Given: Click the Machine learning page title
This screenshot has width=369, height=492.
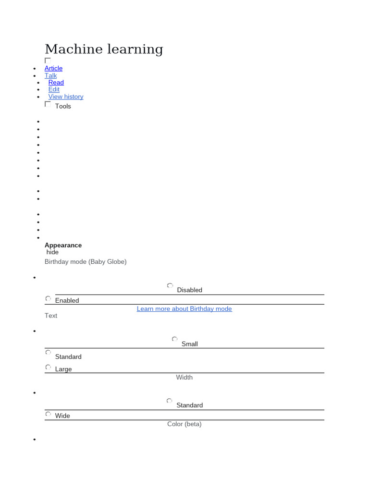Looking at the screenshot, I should pos(104,49).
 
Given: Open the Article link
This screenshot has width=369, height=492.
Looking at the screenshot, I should pos(53,68).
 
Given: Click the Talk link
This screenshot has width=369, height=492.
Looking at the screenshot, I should pos(50,75).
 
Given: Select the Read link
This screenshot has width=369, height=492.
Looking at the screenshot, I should pos(56,83).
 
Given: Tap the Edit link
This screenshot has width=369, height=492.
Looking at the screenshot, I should pos(54,89).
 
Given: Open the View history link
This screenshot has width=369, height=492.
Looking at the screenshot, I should pos(65,97).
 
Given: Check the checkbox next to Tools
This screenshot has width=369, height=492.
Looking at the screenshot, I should pos(48,104).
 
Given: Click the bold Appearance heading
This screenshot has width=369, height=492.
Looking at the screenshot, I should pos(63,245).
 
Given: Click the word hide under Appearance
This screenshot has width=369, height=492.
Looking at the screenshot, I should pos(52,252).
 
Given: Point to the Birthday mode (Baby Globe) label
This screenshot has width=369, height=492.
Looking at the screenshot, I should pos(86,262).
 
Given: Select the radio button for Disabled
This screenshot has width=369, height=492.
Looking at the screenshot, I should pos(170,286).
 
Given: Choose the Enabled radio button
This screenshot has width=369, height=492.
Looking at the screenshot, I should pos(48,298).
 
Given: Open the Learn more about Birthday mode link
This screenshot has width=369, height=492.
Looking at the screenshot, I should pos(184,309).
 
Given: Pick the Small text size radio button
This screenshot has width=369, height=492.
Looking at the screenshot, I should pos(174,339).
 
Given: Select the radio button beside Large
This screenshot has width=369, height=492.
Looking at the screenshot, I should pos(48,367).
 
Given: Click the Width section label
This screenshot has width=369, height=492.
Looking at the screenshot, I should pos(184,378).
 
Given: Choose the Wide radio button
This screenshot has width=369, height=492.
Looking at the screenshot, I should pos(48,414).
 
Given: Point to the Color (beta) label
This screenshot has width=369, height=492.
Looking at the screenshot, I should pos(184,424).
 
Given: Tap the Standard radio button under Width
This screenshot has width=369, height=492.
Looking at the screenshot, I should pos(170,401).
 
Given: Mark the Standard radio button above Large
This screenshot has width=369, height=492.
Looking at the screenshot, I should pos(48,352).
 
